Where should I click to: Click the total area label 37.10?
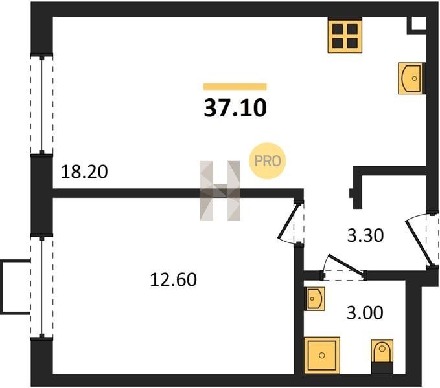[x=235, y=107]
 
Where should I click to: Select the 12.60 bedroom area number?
[x=173, y=280]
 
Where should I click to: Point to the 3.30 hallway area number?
[x=366, y=235]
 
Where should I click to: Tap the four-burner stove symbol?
[x=344, y=36]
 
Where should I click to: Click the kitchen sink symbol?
[x=411, y=78]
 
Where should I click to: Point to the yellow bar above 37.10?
[x=235, y=86]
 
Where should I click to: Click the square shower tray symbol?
[x=323, y=355]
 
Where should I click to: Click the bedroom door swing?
[x=290, y=223]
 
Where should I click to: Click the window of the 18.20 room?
[x=41, y=105]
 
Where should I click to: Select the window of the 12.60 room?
[x=41, y=286]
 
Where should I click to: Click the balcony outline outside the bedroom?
[x=14, y=286]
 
